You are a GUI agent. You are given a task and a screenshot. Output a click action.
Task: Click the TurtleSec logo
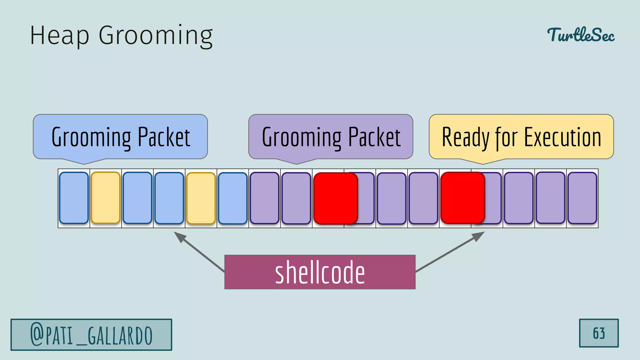click(x=581, y=35)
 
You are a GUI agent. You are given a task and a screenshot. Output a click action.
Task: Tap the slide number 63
click(x=598, y=333)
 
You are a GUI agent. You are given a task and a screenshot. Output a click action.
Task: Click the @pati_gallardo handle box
click(x=91, y=335)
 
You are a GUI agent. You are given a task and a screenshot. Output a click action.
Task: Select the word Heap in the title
click(x=59, y=36)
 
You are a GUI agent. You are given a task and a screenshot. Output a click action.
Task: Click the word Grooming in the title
click(x=156, y=36)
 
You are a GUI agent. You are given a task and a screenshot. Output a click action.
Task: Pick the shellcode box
click(x=320, y=272)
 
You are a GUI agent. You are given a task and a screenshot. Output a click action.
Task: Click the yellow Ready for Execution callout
click(x=521, y=137)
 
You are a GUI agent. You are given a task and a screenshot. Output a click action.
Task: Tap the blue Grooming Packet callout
click(x=120, y=137)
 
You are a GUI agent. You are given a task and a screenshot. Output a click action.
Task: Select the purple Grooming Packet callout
click(x=331, y=137)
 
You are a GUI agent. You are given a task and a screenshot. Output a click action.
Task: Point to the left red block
click(x=335, y=198)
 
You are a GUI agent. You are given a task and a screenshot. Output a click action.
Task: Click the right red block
click(x=462, y=198)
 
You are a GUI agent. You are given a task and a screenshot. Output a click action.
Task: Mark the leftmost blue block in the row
click(x=74, y=198)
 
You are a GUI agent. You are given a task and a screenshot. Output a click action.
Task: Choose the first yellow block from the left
click(x=106, y=198)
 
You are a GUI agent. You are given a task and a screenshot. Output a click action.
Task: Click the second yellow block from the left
click(x=201, y=198)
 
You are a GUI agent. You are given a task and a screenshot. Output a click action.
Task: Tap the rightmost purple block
click(x=582, y=198)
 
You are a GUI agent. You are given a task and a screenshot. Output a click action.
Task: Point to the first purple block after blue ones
click(x=264, y=198)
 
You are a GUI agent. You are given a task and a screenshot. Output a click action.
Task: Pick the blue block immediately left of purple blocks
click(x=232, y=198)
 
